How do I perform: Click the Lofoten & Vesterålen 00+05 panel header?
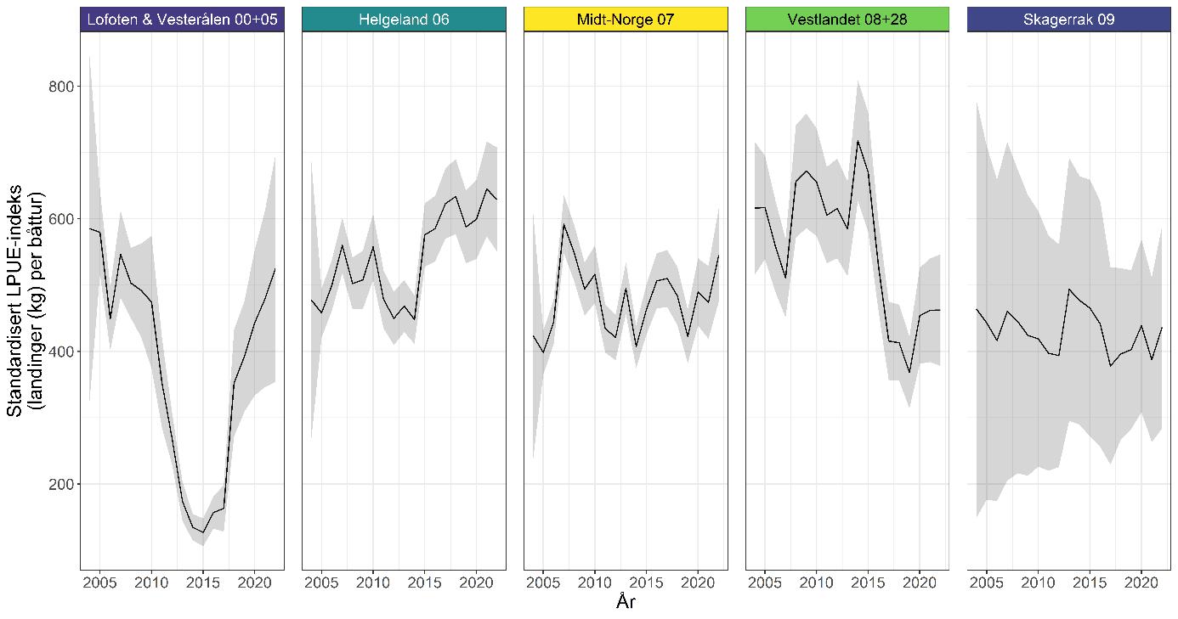point(182,19)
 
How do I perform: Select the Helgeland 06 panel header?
point(404,19)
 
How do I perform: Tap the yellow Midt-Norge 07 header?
point(626,19)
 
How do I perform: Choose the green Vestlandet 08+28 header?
point(847,19)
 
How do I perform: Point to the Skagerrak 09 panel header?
point(1069,19)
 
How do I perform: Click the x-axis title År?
point(626,604)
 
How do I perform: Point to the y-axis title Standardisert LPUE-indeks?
point(25,301)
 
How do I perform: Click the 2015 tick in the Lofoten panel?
point(203,583)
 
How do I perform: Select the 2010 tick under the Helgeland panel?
point(373,583)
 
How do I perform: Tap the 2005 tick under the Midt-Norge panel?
point(544,583)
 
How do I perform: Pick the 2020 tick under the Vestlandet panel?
point(919,583)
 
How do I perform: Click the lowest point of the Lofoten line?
point(203,532)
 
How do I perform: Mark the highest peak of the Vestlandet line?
point(858,141)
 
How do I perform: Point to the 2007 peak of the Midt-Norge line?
point(564,224)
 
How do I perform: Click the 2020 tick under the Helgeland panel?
point(476,583)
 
